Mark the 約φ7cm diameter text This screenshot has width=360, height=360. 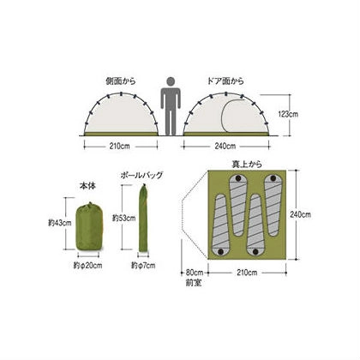point(142,265)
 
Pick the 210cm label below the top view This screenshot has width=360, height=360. point(245,273)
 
